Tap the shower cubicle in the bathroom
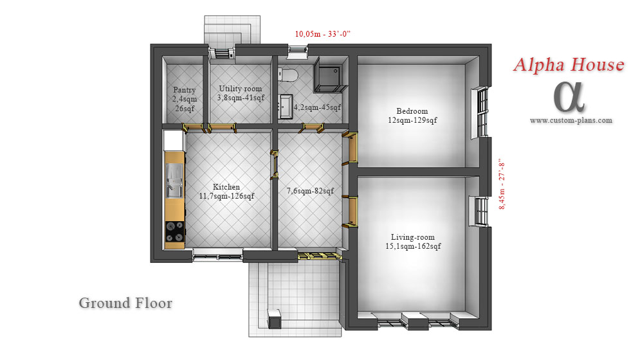[x=330, y=75]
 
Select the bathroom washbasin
[x=286, y=107]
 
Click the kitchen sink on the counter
[x=175, y=181]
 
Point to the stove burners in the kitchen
[x=175, y=231]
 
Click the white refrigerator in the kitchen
[x=174, y=140]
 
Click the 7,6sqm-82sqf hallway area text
[x=310, y=191]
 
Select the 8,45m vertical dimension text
[x=502, y=184]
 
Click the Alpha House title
[x=569, y=66]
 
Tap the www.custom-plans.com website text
[x=571, y=120]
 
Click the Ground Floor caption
[x=125, y=303]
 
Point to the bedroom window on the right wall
[x=480, y=113]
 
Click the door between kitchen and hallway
[x=274, y=165]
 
